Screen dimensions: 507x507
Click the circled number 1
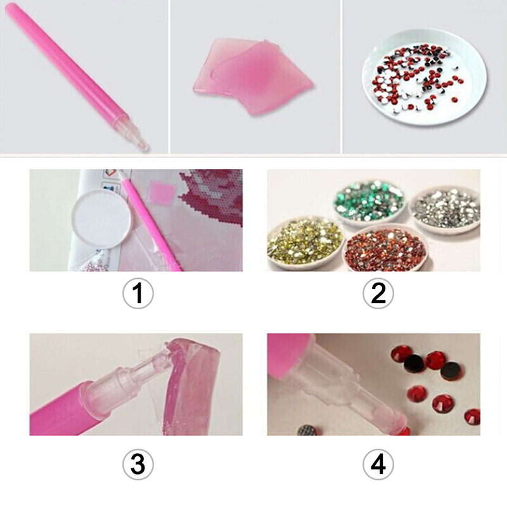pos(138,293)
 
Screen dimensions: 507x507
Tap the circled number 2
pos(378,293)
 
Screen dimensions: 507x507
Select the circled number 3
pos(138,465)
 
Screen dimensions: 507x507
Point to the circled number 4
pos(378,465)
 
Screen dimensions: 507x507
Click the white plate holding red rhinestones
pos(425,77)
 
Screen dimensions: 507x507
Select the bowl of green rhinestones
pos(370,200)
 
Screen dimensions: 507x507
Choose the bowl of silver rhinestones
pos(446,210)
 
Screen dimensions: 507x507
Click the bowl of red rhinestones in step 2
pos(387,247)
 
